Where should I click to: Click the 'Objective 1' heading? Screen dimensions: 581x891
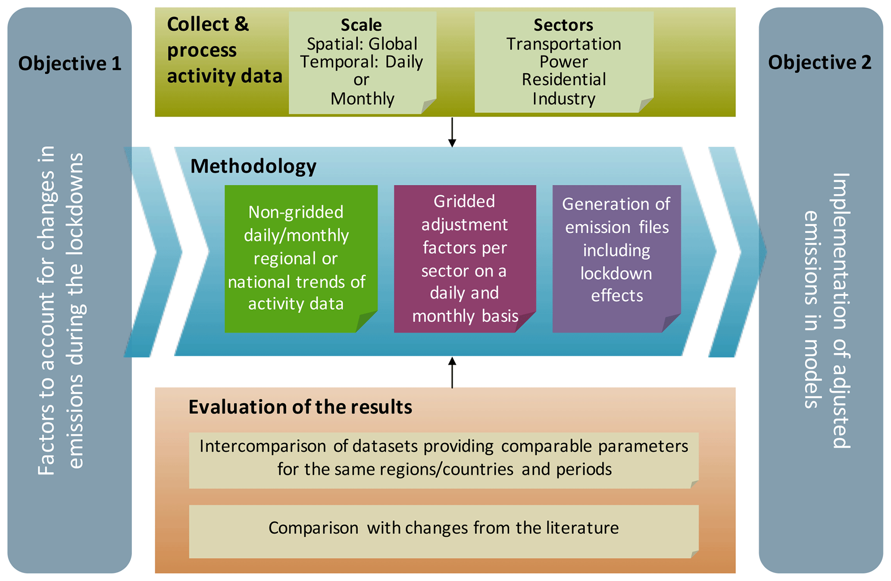pyautogui.click(x=69, y=63)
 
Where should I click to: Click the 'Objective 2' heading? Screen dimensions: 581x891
pyautogui.click(x=819, y=63)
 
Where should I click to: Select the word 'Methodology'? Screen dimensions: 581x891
pyautogui.click(x=253, y=166)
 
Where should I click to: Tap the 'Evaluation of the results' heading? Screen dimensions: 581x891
pyautogui.click(x=300, y=407)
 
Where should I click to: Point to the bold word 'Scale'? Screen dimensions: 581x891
pyautogui.click(x=361, y=25)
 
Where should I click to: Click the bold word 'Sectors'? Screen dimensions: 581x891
pyautogui.click(x=563, y=25)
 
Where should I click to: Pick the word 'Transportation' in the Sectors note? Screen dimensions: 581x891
pyautogui.click(x=563, y=44)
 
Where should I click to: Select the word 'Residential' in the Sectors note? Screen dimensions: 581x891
pyautogui.click(x=563, y=80)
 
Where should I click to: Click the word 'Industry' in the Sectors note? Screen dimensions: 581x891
pyautogui.click(x=563, y=99)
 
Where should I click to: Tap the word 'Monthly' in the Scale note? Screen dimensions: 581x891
pyautogui.click(x=362, y=99)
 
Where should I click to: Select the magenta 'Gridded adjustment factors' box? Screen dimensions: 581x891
pyautogui.click(x=464, y=258)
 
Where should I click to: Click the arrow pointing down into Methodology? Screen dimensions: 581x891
pyautogui.click(x=452, y=132)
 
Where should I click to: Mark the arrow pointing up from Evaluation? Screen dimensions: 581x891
pyautogui.click(x=452, y=372)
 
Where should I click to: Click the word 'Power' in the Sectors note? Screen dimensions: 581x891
pyautogui.click(x=563, y=62)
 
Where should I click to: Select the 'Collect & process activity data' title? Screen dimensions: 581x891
pyautogui.click(x=224, y=50)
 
